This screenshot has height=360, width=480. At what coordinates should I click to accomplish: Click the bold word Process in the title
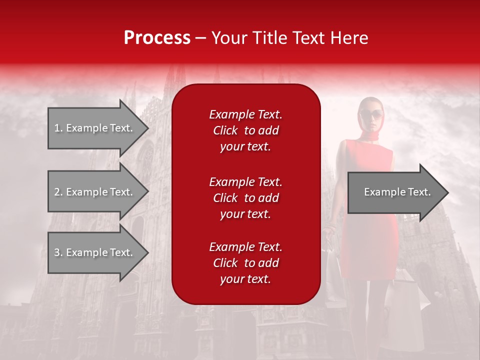(x=157, y=38)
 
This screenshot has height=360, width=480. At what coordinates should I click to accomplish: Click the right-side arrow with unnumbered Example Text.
(x=395, y=192)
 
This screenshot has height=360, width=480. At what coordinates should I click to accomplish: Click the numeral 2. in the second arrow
(x=58, y=192)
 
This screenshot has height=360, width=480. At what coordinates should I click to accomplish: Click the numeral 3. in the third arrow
(x=58, y=252)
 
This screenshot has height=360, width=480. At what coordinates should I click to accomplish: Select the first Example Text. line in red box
(x=245, y=114)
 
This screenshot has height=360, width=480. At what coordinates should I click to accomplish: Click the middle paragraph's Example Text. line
(x=245, y=181)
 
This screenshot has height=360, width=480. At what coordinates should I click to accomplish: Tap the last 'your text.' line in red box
(x=245, y=279)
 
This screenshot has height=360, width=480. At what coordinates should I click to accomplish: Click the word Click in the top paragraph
(x=225, y=130)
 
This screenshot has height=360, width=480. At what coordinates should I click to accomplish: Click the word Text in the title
(x=310, y=38)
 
